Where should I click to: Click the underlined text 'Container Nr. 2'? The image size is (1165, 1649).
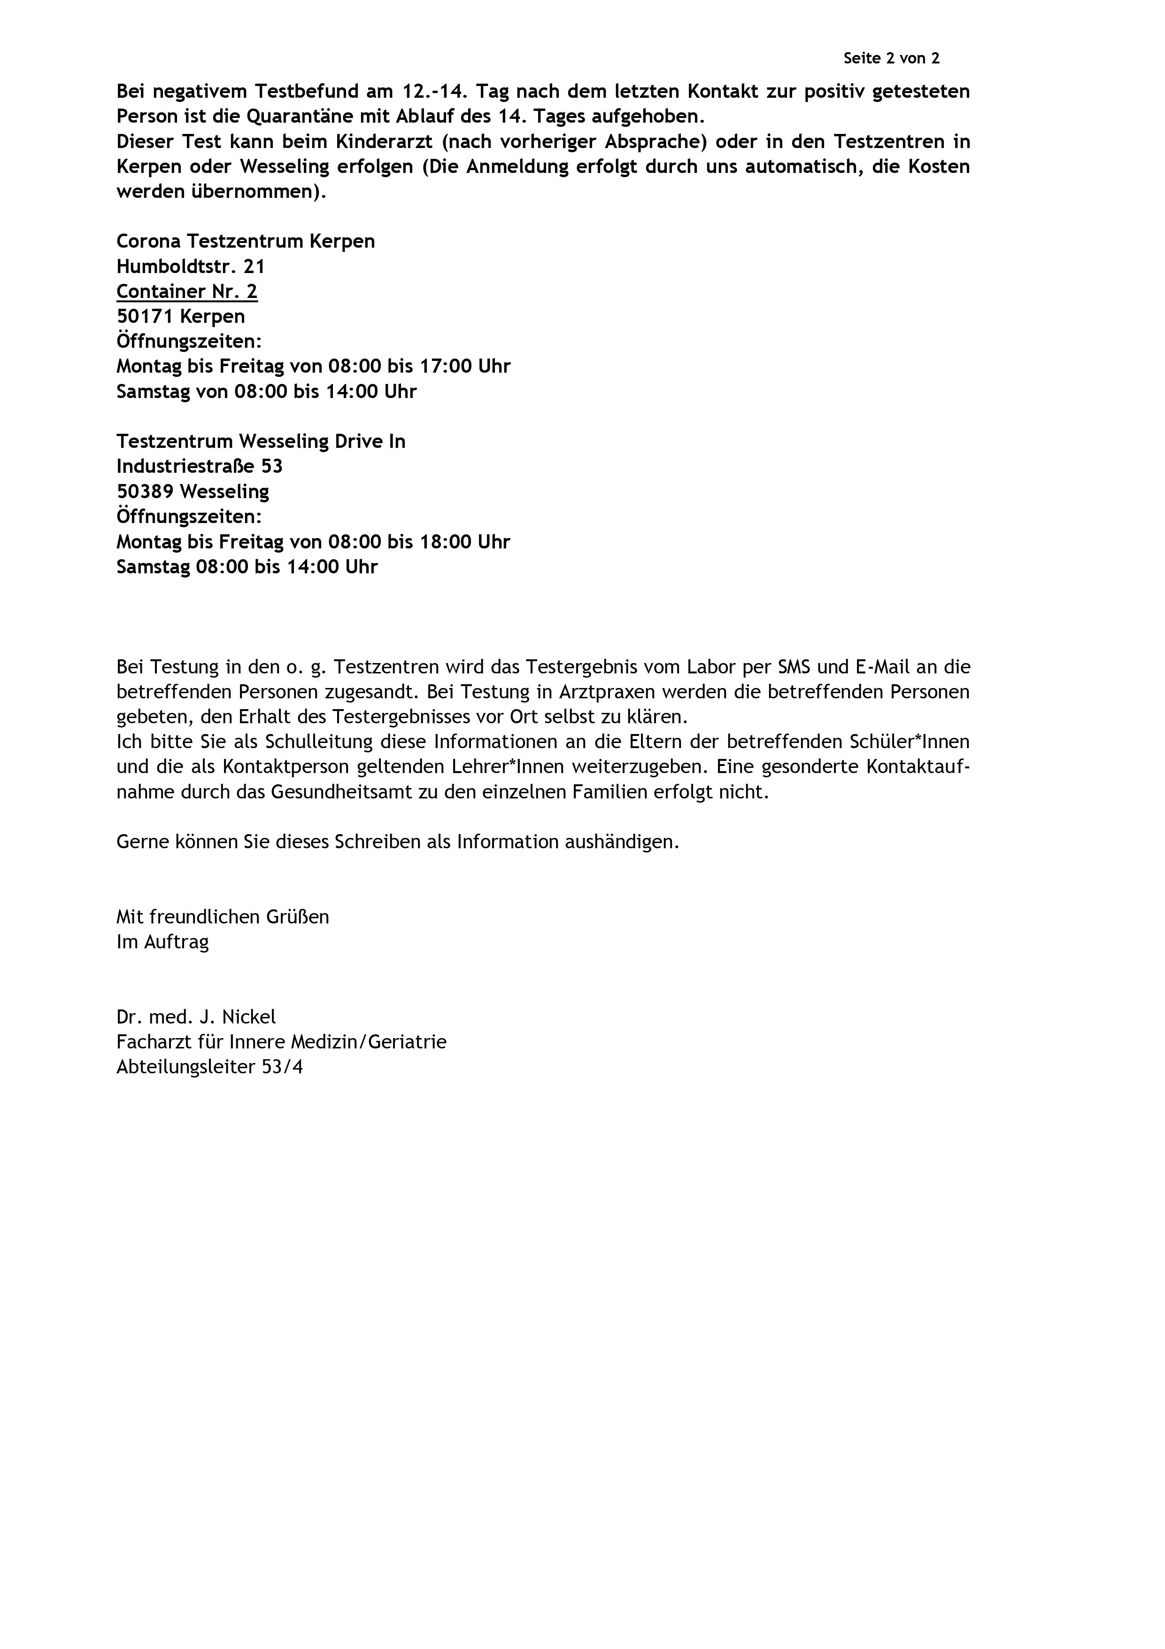coord(186,291)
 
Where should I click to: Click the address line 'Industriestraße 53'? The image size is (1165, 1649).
coord(200,466)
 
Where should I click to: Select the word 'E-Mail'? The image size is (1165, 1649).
coord(882,667)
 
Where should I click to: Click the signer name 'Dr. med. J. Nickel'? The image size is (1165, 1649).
coord(196,1016)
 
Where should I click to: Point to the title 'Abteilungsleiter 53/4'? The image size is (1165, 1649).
coord(209,1067)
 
